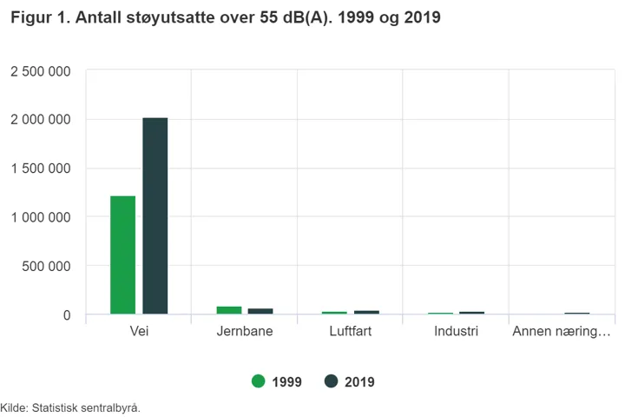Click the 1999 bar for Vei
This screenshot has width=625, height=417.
[x=122, y=255]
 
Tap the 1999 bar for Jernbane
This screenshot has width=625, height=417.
[x=229, y=309]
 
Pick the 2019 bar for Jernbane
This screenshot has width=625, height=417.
[x=260, y=310]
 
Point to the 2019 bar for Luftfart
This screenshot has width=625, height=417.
[x=366, y=311]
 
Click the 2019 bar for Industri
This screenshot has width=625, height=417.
[x=472, y=312]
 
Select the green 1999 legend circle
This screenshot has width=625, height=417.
[x=258, y=381]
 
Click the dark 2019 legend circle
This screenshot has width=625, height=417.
[x=331, y=381]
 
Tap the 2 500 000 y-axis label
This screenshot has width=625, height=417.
[x=41, y=71]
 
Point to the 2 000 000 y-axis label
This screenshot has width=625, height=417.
[x=41, y=120]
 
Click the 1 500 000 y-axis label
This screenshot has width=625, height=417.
[x=41, y=169]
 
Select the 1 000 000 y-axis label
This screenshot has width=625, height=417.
[x=41, y=217]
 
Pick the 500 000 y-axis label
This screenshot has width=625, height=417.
[x=46, y=266]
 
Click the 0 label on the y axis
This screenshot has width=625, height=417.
[x=66, y=315]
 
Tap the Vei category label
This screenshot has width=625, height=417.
[x=139, y=332]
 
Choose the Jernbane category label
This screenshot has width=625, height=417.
[x=245, y=332]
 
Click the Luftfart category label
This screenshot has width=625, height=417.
[x=351, y=332]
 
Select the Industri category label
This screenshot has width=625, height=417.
[x=457, y=332]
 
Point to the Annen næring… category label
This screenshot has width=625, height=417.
[x=562, y=332]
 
